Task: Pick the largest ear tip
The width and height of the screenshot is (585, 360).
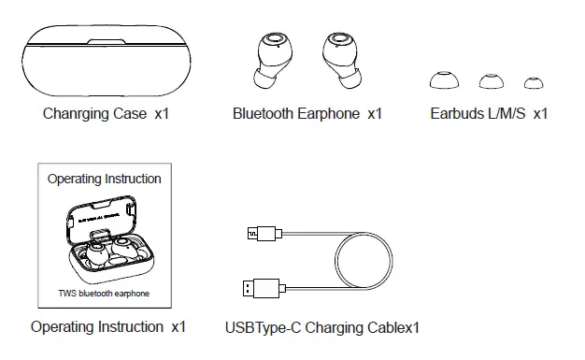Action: click(444, 80)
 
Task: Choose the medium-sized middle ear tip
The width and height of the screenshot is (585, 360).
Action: click(492, 81)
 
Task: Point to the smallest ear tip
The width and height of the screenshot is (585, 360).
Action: click(534, 82)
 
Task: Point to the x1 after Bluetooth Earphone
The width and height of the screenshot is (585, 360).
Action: click(374, 114)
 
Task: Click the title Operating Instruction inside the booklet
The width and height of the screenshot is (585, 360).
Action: click(104, 179)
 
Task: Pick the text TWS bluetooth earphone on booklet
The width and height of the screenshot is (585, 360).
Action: click(104, 294)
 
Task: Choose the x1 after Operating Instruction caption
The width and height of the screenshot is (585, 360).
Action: click(178, 327)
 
